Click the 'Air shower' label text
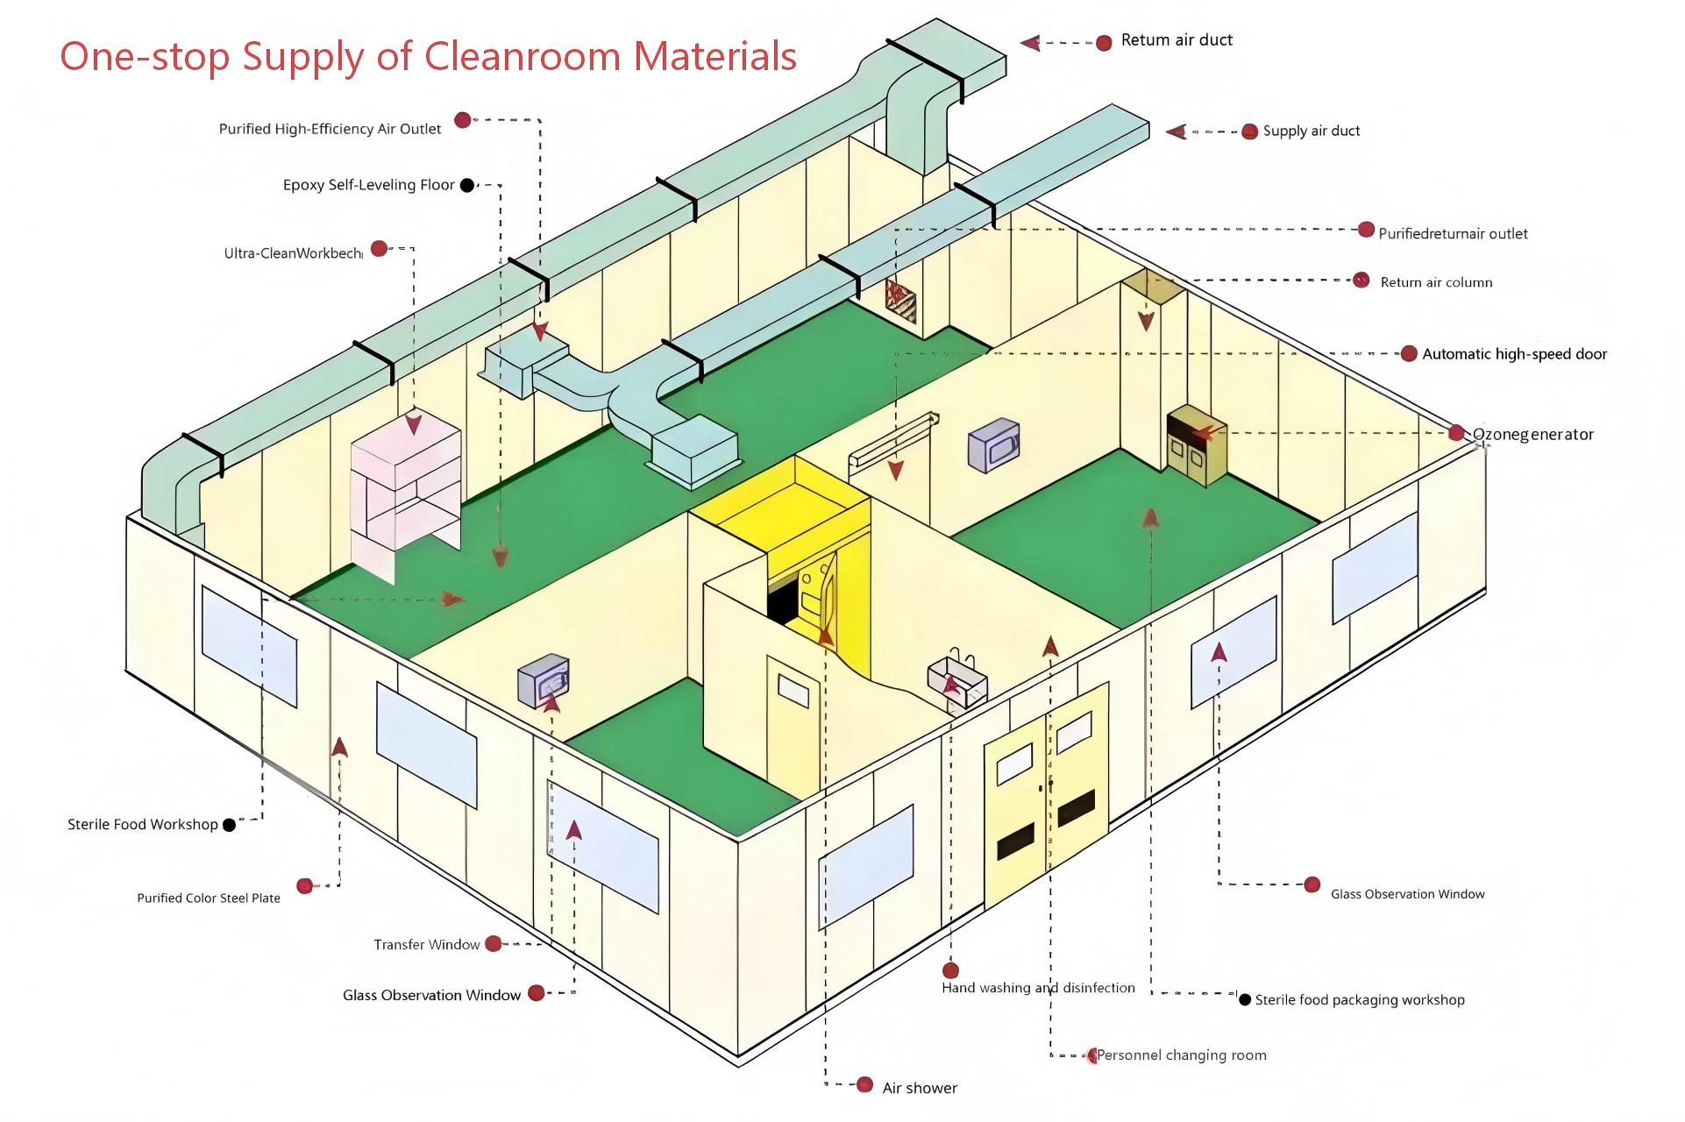(x=920, y=1088)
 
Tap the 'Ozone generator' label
(x=1532, y=435)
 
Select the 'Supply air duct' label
(x=1311, y=131)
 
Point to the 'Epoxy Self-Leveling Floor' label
(x=368, y=185)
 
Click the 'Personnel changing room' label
(x=1182, y=1055)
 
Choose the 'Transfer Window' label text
(x=426, y=945)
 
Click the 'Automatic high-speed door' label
(x=1514, y=354)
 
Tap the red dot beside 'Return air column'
(x=1361, y=280)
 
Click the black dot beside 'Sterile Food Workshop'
(x=230, y=825)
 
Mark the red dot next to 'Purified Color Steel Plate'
(x=304, y=886)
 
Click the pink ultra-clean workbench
(x=405, y=491)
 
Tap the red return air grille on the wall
(x=900, y=301)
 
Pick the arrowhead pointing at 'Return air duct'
(x=1031, y=41)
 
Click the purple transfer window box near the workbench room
(x=544, y=680)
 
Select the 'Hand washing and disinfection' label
(x=1038, y=988)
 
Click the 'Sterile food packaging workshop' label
(x=1359, y=1000)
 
